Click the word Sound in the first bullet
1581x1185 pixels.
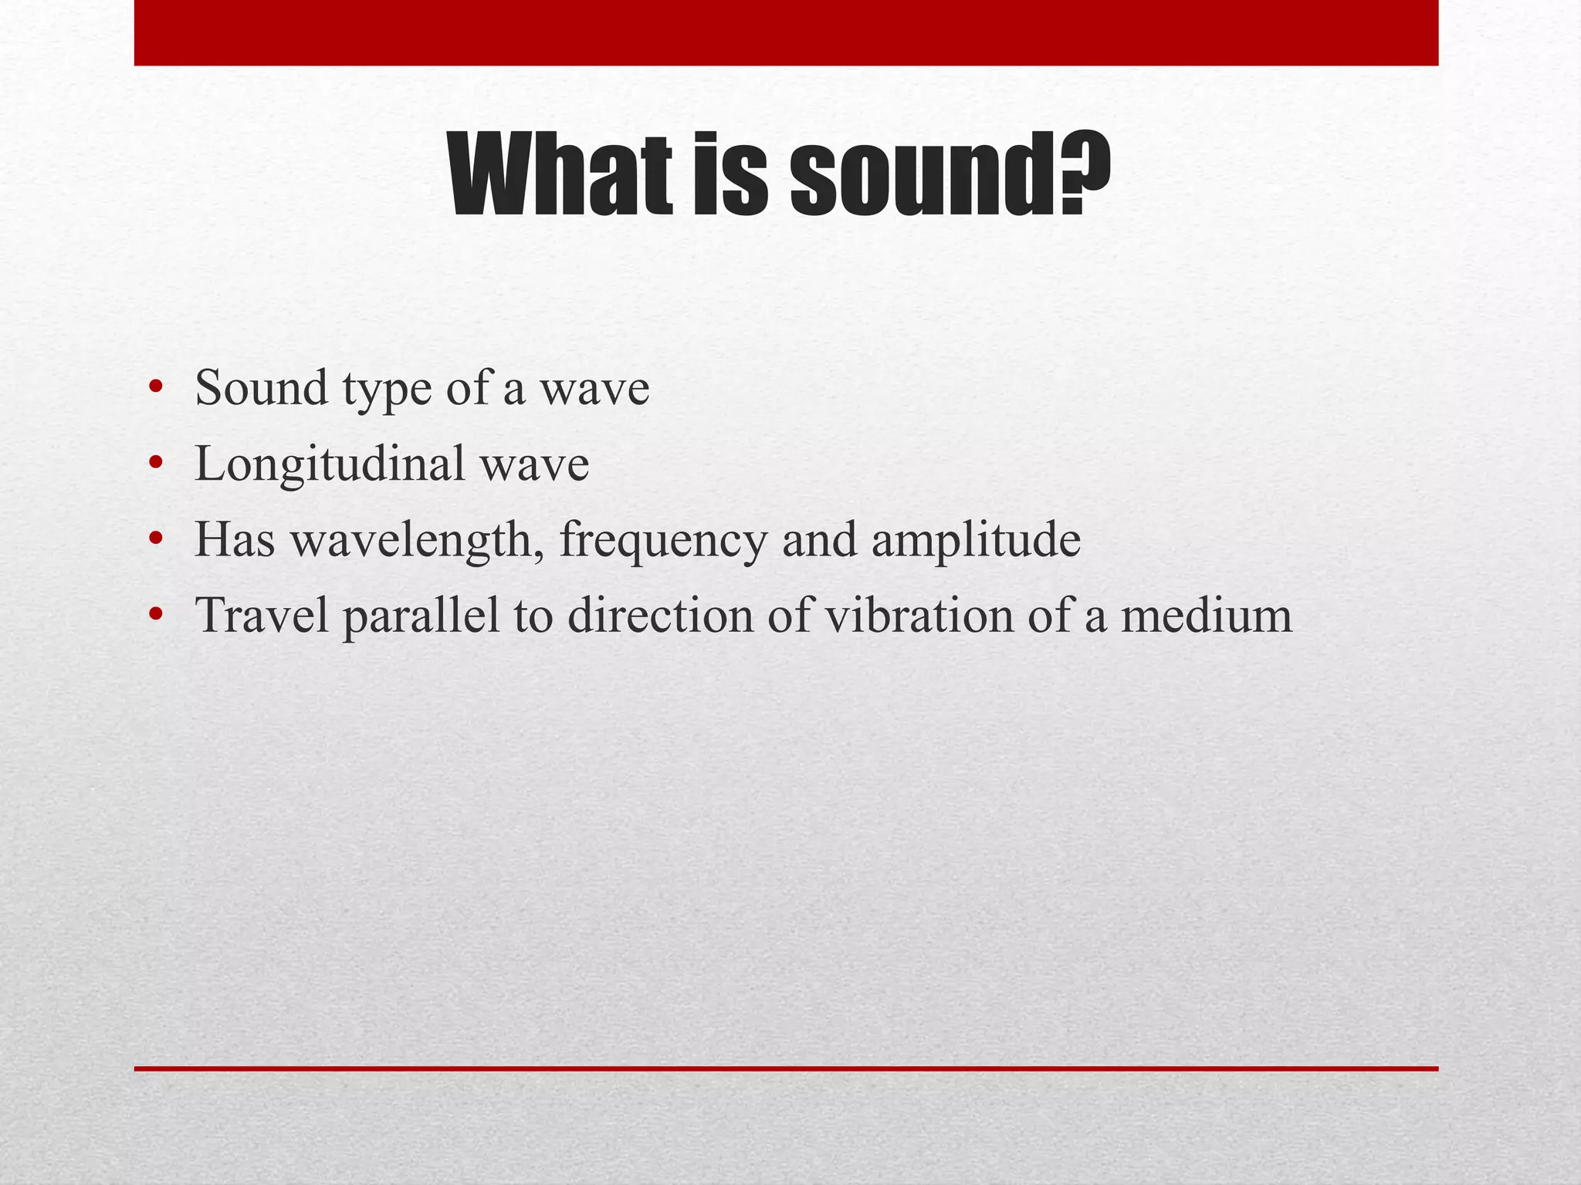261,387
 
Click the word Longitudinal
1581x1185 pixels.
330,465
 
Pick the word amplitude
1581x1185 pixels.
977,541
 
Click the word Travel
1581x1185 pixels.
262,616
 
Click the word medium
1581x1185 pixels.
1206,616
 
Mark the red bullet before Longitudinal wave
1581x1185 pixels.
157,464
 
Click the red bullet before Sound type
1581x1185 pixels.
157,387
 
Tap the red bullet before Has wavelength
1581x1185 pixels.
157,539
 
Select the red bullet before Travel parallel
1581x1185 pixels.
157,615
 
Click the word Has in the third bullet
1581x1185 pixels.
235,539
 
